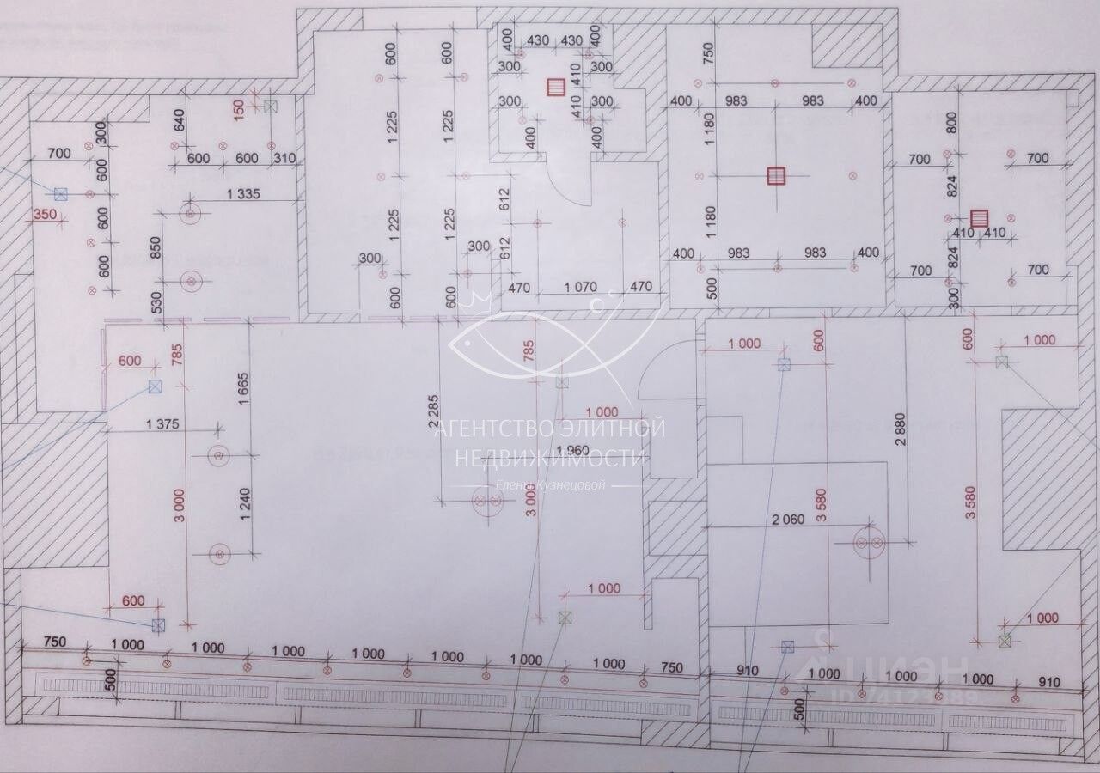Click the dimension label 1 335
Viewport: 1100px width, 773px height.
243,195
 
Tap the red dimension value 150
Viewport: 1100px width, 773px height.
240,107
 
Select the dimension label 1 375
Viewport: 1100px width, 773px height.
163,423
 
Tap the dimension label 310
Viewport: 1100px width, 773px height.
284,158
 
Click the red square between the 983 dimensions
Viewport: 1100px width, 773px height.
776,176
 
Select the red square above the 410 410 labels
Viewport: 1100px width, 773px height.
980,218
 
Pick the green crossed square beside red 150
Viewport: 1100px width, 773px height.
271,107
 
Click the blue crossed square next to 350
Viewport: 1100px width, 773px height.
60,194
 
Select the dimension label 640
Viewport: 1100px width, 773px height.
179,119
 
